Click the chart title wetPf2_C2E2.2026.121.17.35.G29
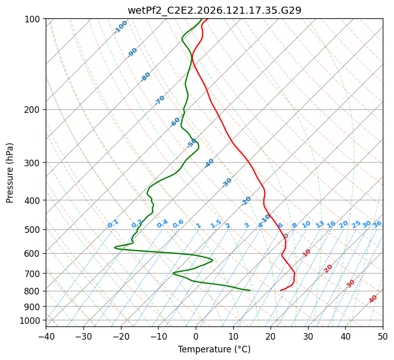tap(215, 10)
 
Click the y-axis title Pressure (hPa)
tap(9, 173)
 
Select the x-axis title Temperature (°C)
tap(215, 349)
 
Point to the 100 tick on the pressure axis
tap(32, 19)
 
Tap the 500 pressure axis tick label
tap(32, 230)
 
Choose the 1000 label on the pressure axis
tap(29, 321)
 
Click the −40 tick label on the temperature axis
tap(46, 336)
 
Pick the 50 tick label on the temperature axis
tap(383, 336)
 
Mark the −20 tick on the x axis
tap(121, 336)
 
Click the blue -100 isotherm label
tap(120, 27)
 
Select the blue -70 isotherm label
tap(160, 100)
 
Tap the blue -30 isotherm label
tap(227, 183)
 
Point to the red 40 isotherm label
tap(373, 299)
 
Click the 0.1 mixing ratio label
tap(113, 224)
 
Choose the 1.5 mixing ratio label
tap(216, 224)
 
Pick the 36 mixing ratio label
tap(377, 224)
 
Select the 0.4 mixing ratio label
tap(162, 224)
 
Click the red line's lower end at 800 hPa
tap(281, 290)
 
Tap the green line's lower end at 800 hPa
tap(250, 290)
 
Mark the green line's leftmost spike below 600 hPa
tap(115, 248)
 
